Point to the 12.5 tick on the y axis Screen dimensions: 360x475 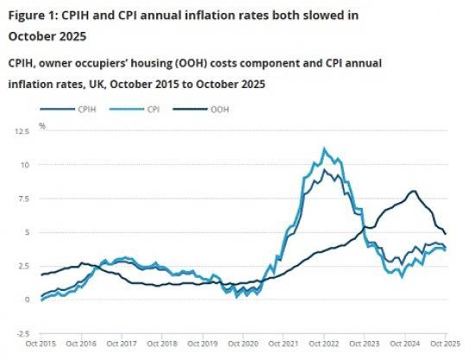(21, 131)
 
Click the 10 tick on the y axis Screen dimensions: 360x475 (26, 165)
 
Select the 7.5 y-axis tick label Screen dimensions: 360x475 (23, 199)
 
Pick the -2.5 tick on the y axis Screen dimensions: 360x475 (22, 333)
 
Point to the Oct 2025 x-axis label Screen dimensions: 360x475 (446, 344)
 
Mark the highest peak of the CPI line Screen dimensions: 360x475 (324, 148)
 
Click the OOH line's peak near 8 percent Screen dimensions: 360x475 (414, 191)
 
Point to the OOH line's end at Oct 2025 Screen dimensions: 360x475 (446, 233)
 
